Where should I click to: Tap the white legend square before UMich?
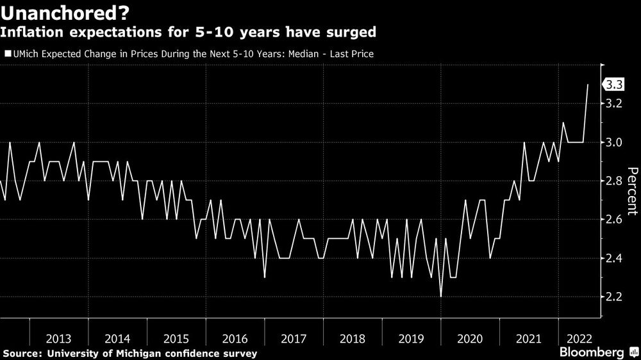pyautogui.click(x=8, y=54)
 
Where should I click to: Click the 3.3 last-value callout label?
pyautogui.click(x=615, y=85)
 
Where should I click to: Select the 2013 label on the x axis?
pyautogui.click(x=58, y=338)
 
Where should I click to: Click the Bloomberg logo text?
pyautogui.click(x=592, y=352)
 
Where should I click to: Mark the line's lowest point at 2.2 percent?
pyautogui.click(x=440, y=297)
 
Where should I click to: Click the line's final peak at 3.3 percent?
pyautogui.click(x=588, y=85)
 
